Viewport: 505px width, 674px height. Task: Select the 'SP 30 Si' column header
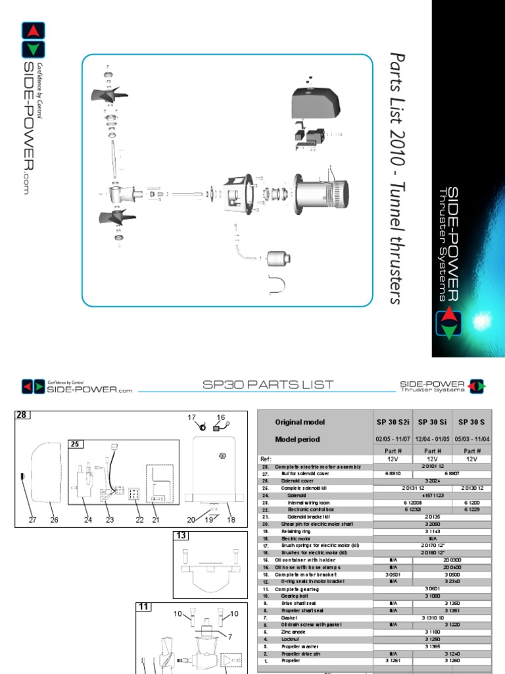pyautogui.click(x=433, y=421)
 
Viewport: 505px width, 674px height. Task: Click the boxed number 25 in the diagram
pyautogui.click(x=76, y=445)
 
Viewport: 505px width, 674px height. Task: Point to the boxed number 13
pyautogui.click(x=180, y=536)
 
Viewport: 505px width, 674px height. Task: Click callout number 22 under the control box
pyautogui.click(x=139, y=520)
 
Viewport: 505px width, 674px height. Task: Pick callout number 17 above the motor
pyautogui.click(x=193, y=417)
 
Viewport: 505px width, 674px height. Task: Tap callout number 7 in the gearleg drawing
pyautogui.click(x=229, y=636)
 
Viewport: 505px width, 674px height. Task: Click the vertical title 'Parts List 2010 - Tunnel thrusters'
pyautogui.click(x=395, y=178)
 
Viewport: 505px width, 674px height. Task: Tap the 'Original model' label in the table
pyautogui.click(x=300, y=421)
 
